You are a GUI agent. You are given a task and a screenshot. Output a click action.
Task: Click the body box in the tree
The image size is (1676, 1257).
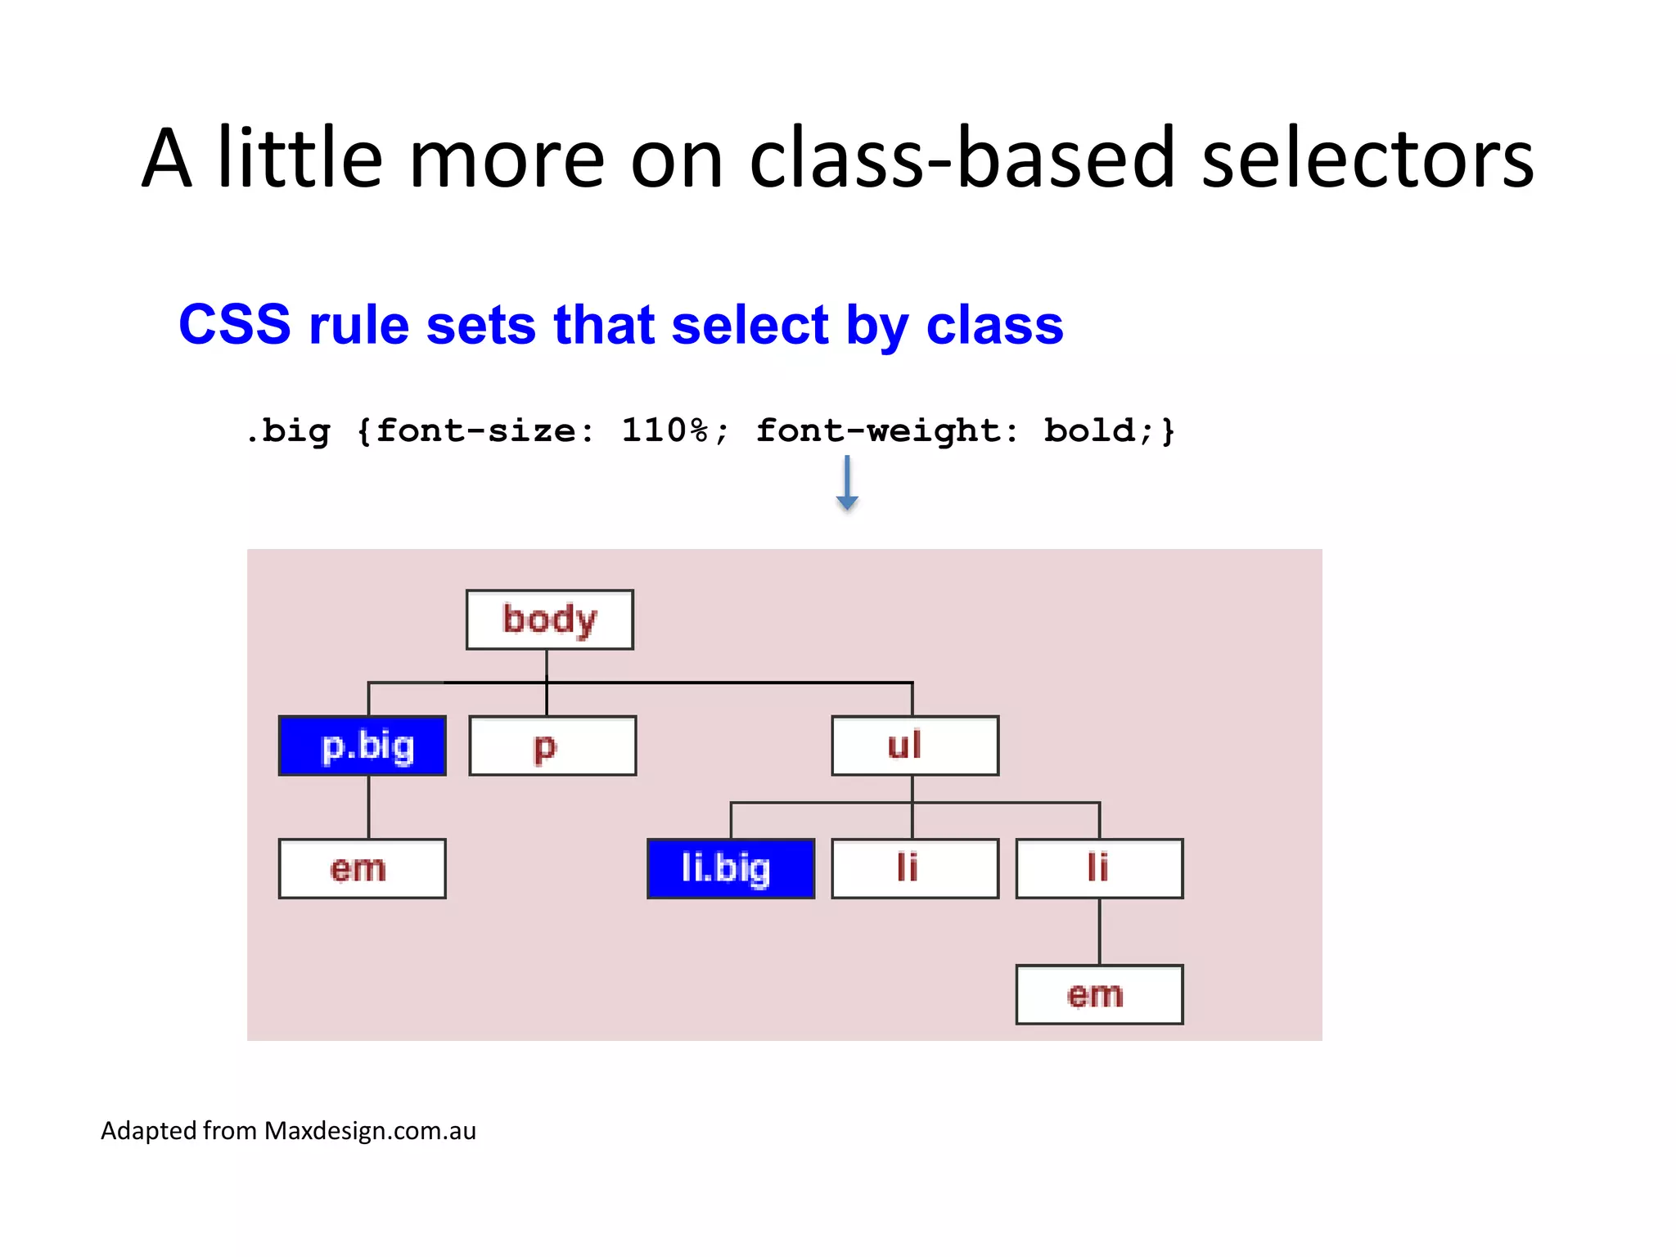pos(549,619)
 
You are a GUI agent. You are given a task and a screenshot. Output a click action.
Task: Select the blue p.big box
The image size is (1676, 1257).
pos(363,746)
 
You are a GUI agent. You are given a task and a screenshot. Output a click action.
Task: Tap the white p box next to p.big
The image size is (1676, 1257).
pos(552,746)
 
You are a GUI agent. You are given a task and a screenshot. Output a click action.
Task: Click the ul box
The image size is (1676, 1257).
pos(914,746)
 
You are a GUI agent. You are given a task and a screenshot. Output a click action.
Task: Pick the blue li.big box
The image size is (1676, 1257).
pos(730,868)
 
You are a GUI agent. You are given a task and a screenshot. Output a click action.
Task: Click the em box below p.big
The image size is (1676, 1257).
pos(362,868)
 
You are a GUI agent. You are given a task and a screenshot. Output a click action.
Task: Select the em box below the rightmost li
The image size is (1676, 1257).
pos(1098,994)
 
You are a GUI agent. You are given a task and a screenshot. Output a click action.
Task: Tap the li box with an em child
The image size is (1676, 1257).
pos(1098,868)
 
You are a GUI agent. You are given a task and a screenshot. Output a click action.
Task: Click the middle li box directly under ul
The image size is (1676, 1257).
pos(914,868)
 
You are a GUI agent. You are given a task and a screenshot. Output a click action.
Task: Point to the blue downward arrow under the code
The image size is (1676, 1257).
pos(847,484)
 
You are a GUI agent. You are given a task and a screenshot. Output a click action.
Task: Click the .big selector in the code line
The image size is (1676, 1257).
pos(288,431)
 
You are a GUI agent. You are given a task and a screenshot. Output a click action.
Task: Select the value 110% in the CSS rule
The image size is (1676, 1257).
pos(665,430)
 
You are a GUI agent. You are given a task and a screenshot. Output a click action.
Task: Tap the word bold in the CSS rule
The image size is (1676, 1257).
pos(1089,430)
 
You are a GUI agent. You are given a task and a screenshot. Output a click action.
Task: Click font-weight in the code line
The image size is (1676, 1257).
pos(877,431)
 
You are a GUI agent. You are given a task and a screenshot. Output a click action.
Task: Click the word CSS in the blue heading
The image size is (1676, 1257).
pos(235,325)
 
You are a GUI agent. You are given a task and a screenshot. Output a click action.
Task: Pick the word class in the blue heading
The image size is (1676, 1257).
pos(994,325)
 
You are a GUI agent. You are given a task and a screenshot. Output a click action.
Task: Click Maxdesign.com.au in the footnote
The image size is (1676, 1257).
pos(370,1130)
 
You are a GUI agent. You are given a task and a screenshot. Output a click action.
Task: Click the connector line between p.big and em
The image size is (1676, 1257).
pos(368,807)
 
